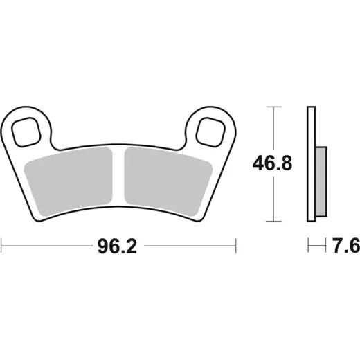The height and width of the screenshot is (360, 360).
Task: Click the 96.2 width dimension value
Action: [117, 246]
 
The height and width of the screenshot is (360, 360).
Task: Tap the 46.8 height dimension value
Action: [272, 163]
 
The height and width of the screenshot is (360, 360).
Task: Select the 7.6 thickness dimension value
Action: [346, 246]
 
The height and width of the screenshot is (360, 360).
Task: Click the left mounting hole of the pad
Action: [26, 132]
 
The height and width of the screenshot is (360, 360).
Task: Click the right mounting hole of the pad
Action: [210, 132]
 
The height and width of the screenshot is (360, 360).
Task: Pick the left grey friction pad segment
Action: [69, 181]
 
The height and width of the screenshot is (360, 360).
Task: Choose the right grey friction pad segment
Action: [168, 181]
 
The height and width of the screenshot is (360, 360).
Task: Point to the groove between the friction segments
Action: [118, 175]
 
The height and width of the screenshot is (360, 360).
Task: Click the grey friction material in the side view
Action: [321, 181]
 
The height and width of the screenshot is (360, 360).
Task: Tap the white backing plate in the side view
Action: [312, 164]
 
